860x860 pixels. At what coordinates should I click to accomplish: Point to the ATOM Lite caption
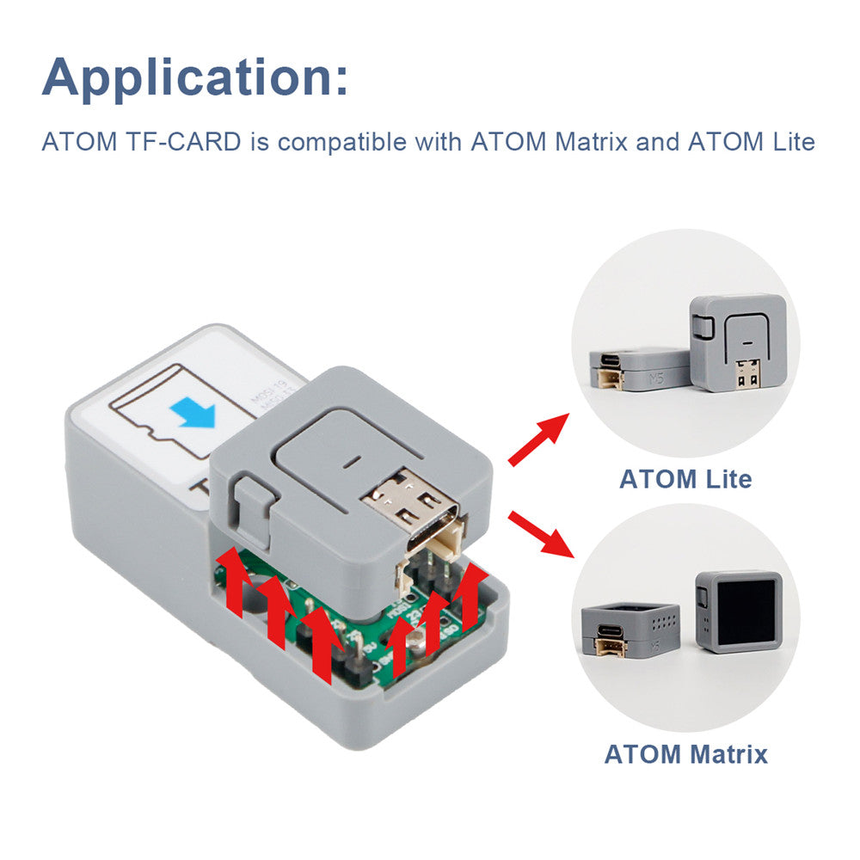pyautogui.click(x=685, y=478)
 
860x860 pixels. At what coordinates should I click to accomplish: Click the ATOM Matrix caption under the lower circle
pyautogui.click(x=685, y=755)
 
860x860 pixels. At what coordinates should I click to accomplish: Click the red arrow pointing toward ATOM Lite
pyautogui.click(x=538, y=439)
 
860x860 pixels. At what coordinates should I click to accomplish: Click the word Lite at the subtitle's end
pyautogui.click(x=789, y=141)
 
